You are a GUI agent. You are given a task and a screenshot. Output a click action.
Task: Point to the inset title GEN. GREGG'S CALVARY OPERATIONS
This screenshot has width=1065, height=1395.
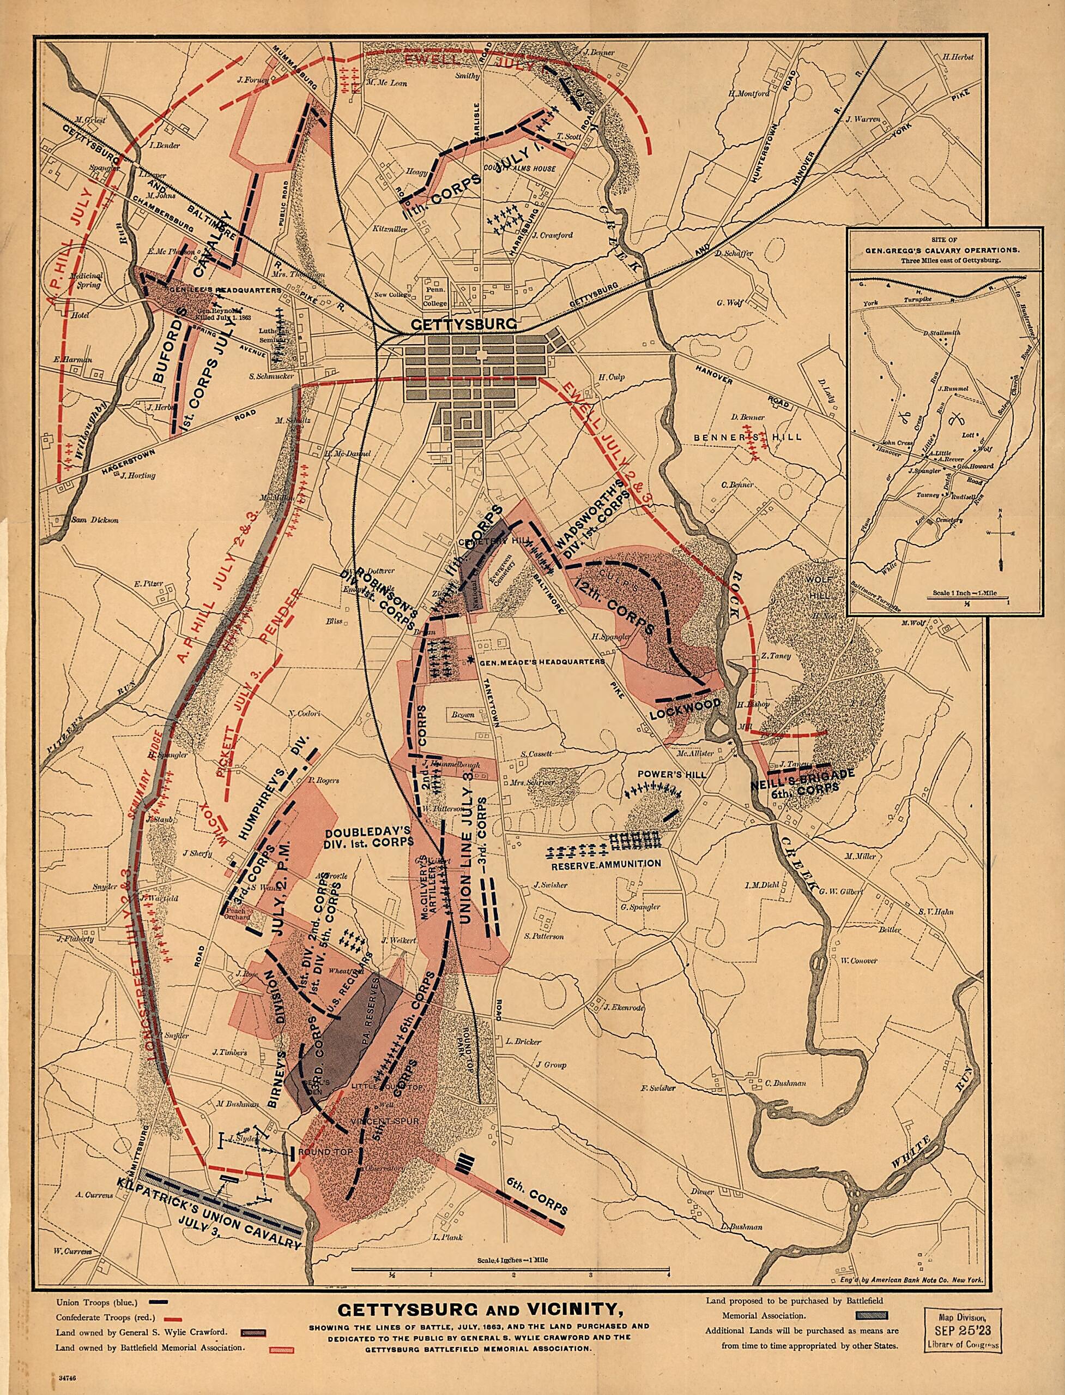[x=944, y=249]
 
